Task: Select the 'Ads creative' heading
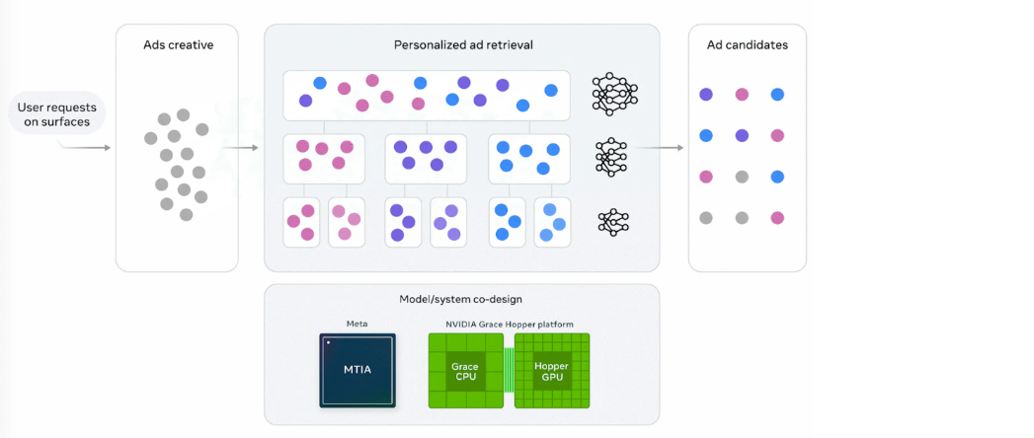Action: pos(178,45)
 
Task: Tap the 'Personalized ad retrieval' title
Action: pos(461,45)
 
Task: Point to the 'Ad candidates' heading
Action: pos(747,45)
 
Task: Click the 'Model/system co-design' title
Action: pos(461,299)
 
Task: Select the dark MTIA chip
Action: pos(357,370)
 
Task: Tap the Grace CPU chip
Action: pos(464,370)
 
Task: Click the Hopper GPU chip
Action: pos(552,370)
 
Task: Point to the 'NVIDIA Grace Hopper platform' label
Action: pos(509,324)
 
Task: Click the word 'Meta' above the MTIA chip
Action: pos(357,324)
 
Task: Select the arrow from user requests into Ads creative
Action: pos(85,148)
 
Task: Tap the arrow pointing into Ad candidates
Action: pos(660,148)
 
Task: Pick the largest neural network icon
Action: pos(614,94)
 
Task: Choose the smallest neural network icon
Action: pos(613,222)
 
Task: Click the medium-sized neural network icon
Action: pos(613,156)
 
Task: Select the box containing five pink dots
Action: pos(324,158)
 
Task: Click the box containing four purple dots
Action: pos(426,158)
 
